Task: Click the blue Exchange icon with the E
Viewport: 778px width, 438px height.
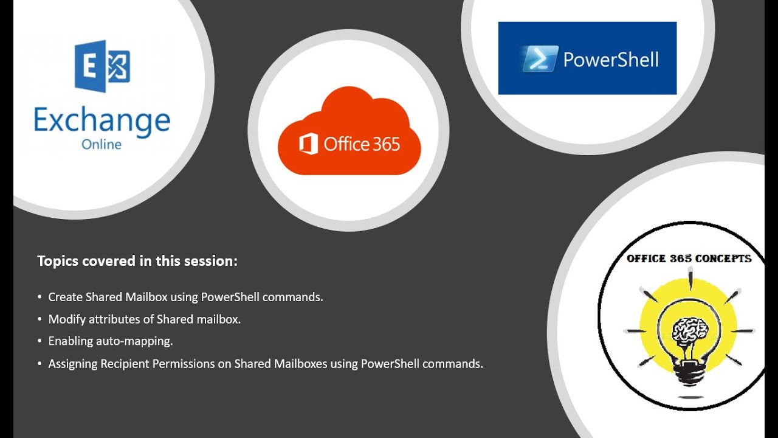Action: (102, 66)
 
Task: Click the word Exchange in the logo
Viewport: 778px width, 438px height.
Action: (102, 120)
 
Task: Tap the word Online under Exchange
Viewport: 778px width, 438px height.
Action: (102, 145)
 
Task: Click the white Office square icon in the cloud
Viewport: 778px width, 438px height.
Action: (309, 144)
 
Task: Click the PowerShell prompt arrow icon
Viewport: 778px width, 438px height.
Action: (539, 59)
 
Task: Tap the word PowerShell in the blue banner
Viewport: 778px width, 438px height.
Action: (610, 59)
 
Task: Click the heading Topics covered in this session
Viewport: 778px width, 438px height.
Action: (137, 261)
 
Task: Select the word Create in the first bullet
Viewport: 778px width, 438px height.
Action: (65, 297)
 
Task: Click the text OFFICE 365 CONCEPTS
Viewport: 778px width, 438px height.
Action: (689, 259)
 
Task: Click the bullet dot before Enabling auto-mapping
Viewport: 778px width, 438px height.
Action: (40, 341)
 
